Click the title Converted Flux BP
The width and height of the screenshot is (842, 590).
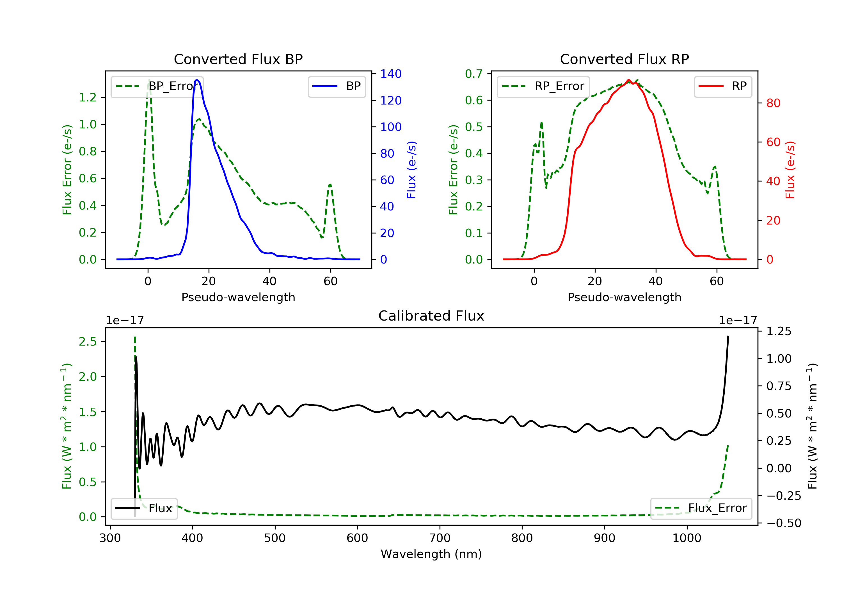[x=238, y=59]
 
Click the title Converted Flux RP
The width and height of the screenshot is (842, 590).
[x=624, y=59]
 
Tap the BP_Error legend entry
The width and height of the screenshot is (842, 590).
[x=157, y=86]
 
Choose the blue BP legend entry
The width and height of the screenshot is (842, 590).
[x=337, y=86]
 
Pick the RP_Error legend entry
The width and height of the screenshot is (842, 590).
[x=543, y=86]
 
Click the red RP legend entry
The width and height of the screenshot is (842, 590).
[x=723, y=86]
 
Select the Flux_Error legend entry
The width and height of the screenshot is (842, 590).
[x=701, y=508]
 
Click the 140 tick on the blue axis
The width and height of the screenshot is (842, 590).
[x=391, y=74]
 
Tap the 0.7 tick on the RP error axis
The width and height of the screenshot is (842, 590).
[x=473, y=74]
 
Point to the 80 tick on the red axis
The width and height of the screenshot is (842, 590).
[x=773, y=103]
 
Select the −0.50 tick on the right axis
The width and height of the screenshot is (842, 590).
[x=784, y=523]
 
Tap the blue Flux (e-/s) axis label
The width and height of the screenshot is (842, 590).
[x=411, y=170]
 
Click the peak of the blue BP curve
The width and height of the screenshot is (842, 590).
[x=197, y=80]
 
